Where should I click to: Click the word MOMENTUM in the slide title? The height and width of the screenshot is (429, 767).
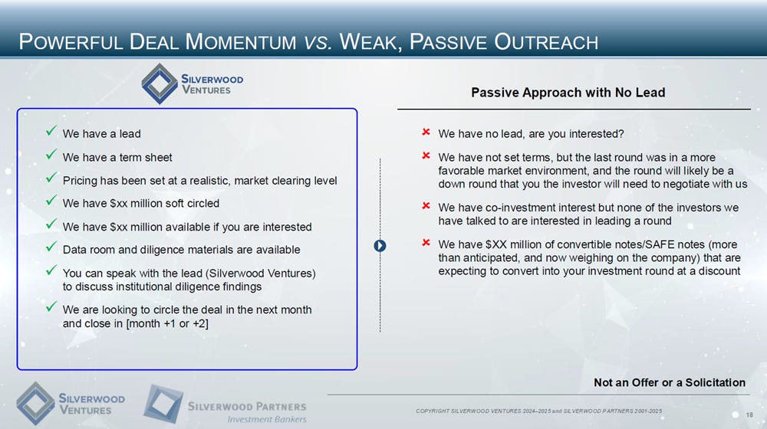tap(241, 41)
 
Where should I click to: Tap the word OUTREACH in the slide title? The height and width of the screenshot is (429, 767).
tap(546, 41)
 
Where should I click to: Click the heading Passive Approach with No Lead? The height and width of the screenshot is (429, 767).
tap(568, 93)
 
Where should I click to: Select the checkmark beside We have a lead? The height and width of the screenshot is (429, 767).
tap(51, 130)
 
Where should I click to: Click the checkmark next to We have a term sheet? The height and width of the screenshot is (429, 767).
tap(51, 155)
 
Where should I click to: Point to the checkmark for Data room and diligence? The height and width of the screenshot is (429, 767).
tap(51, 247)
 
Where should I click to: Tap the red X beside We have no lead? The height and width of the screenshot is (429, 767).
tap(426, 132)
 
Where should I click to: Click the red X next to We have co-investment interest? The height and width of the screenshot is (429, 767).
tap(426, 206)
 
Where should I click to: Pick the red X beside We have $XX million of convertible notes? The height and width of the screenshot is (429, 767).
tap(426, 242)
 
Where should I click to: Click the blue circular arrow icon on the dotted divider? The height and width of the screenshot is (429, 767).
tap(380, 246)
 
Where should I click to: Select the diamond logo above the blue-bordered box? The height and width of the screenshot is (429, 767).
tap(160, 84)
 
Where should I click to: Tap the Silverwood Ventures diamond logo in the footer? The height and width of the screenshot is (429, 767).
tap(35, 404)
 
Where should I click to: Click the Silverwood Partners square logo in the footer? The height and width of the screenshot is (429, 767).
tap(163, 404)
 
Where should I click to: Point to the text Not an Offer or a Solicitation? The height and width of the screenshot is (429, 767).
tap(670, 382)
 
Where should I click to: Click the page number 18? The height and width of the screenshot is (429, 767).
tap(749, 415)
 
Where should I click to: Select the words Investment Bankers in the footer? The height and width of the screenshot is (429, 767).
tap(267, 419)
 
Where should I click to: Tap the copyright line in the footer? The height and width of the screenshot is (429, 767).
tap(538, 411)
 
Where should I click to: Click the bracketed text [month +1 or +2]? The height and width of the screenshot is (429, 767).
tap(167, 323)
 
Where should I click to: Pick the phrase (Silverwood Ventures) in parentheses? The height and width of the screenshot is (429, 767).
tap(261, 273)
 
